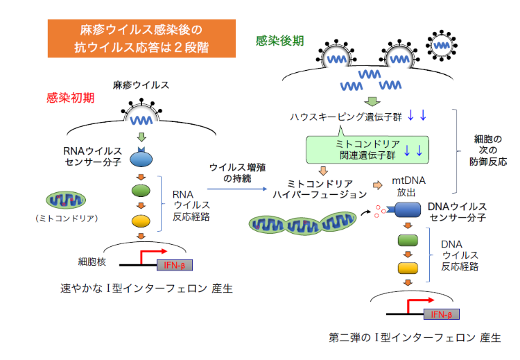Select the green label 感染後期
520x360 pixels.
point(279,40)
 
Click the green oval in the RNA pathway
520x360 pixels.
point(141,190)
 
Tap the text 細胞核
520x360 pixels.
point(93,262)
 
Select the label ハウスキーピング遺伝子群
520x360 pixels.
point(344,115)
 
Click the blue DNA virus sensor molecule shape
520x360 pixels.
point(404,212)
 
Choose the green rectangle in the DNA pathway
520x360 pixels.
point(406,241)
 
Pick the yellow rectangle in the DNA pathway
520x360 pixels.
point(406,267)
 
